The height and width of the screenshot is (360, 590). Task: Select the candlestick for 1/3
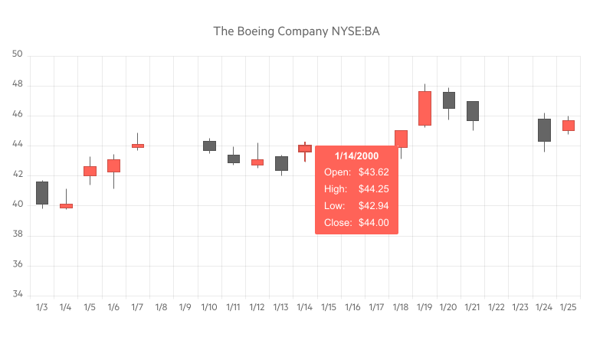pyautogui.click(x=42, y=193)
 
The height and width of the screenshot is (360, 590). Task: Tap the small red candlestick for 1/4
pyautogui.click(x=66, y=206)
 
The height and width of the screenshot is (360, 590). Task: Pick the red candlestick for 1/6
pyautogui.click(x=113, y=165)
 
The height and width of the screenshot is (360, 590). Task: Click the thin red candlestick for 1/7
pyautogui.click(x=137, y=146)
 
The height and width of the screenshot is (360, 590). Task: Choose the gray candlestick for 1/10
pyautogui.click(x=209, y=146)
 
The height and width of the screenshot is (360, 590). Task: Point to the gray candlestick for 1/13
pyautogui.click(x=281, y=163)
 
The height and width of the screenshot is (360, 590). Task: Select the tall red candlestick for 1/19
pyautogui.click(x=424, y=108)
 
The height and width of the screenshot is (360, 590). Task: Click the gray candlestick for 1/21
pyautogui.click(x=473, y=111)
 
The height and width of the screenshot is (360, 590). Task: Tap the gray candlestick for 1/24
pyautogui.click(x=544, y=130)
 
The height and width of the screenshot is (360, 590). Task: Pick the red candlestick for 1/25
pyautogui.click(x=568, y=126)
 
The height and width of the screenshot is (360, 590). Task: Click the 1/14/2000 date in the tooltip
pyautogui.click(x=356, y=156)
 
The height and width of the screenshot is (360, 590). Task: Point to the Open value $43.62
pyautogui.click(x=374, y=172)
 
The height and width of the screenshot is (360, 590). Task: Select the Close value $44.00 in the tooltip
pyautogui.click(x=374, y=223)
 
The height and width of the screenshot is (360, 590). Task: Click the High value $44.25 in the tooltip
pyautogui.click(x=374, y=189)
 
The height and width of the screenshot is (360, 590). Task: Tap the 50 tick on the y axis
pyautogui.click(x=18, y=55)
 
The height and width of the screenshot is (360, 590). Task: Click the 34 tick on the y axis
pyautogui.click(x=18, y=296)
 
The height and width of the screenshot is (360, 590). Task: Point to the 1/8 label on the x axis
pyautogui.click(x=161, y=307)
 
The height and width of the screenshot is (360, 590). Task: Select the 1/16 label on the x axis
pyautogui.click(x=352, y=307)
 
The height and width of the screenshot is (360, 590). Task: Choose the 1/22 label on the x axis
pyautogui.click(x=497, y=307)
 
